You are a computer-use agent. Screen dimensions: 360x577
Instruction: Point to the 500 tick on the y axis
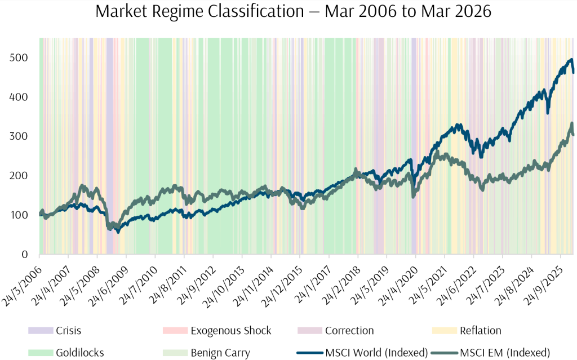[20, 58]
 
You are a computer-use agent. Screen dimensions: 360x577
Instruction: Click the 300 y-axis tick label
[20, 137]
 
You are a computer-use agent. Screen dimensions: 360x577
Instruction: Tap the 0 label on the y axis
[25, 255]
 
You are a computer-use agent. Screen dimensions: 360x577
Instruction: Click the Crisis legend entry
[68, 331]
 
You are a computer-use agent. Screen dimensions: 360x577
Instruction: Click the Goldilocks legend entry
[79, 353]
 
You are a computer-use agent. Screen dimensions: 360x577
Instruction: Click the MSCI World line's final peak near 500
[571, 59]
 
